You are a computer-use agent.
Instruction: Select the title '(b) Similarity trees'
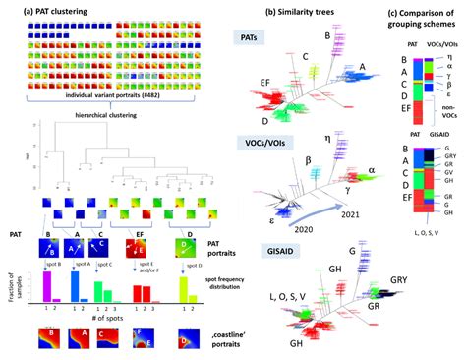click(x=295, y=12)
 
